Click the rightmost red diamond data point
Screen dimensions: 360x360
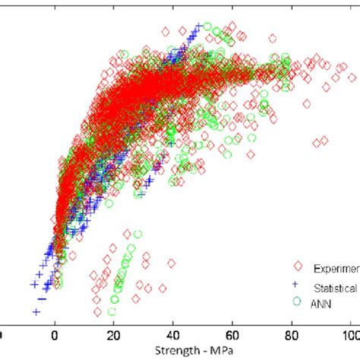pos(352,77)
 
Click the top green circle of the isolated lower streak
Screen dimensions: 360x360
pos(137,234)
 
